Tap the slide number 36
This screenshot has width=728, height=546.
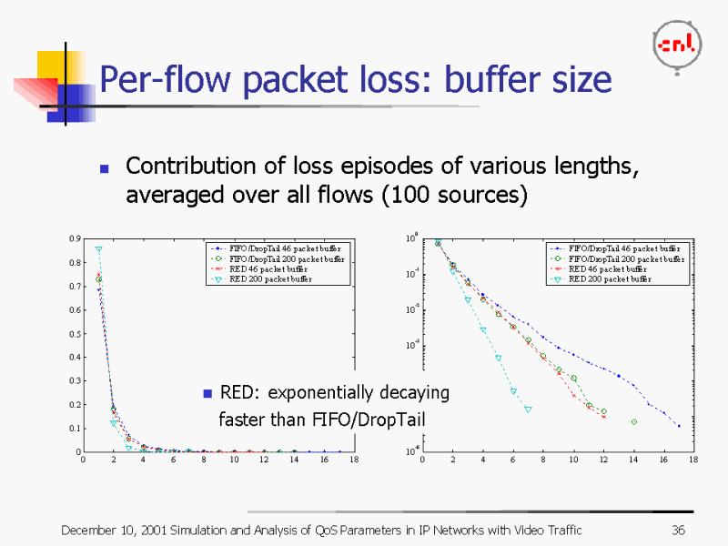[677, 531]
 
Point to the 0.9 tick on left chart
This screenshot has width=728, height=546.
[74, 238]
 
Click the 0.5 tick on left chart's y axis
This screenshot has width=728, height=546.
[74, 333]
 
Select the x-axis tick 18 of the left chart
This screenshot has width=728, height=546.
[354, 460]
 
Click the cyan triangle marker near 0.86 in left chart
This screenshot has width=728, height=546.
[98, 249]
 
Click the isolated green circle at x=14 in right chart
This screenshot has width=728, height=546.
[633, 421]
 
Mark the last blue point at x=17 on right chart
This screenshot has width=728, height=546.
[678, 425]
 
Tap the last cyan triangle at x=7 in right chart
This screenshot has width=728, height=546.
[528, 409]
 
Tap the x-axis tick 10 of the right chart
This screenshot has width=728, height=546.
[572, 460]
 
